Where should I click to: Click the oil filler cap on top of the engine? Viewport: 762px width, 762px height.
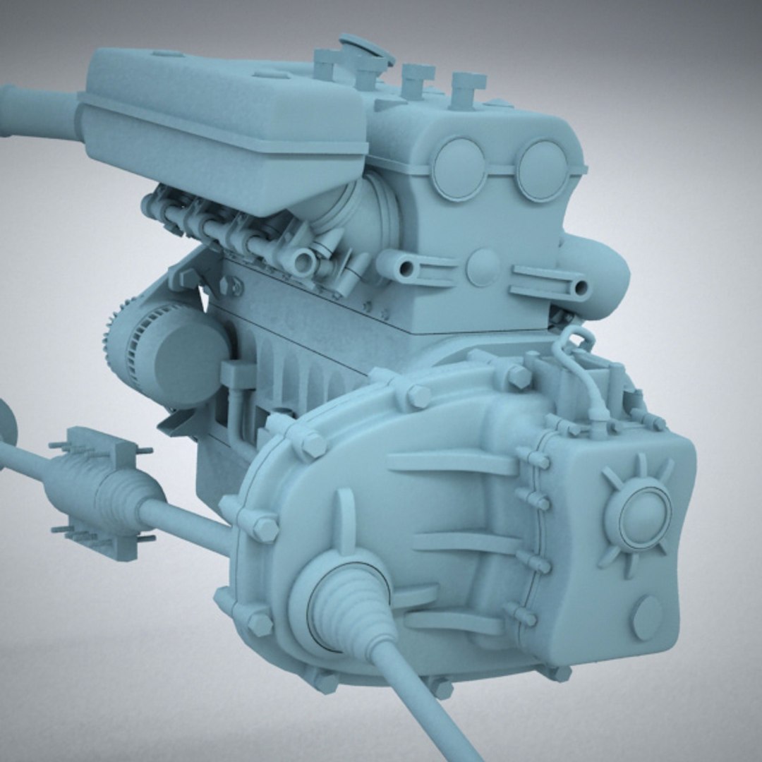click(x=366, y=49)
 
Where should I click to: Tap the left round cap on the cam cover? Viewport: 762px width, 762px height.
click(x=459, y=169)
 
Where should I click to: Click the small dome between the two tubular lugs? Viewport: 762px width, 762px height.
click(x=483, y=267)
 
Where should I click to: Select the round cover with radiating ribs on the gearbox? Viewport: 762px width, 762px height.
click(x=638, y=514)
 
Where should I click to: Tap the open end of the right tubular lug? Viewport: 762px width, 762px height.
click(x=580, y=288)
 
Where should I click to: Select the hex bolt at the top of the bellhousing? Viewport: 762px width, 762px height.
click(x=418, y=396)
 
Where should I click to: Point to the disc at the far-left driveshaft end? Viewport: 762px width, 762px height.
click(x=7, y=423)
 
